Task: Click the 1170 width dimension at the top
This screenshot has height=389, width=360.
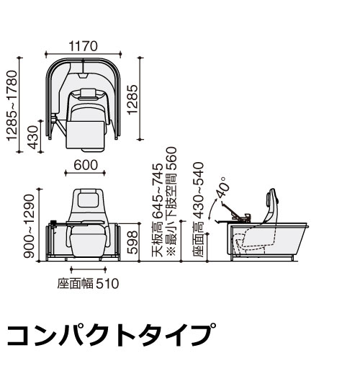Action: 83,46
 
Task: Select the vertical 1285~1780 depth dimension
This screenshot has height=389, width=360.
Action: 12,106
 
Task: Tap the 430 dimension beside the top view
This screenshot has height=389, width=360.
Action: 34,137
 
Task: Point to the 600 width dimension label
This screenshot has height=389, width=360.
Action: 86,165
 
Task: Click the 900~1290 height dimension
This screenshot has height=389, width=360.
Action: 29,226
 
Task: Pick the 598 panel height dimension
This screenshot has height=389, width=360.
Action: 132,242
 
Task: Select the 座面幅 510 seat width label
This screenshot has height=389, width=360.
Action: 88,283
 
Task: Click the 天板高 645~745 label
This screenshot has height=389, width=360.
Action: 158,210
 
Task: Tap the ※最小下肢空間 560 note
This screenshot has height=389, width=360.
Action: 171,201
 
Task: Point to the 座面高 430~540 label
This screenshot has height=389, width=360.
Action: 198,210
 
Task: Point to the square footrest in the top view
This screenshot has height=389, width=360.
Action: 85,135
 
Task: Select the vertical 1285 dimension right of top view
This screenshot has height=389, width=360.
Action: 132,99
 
